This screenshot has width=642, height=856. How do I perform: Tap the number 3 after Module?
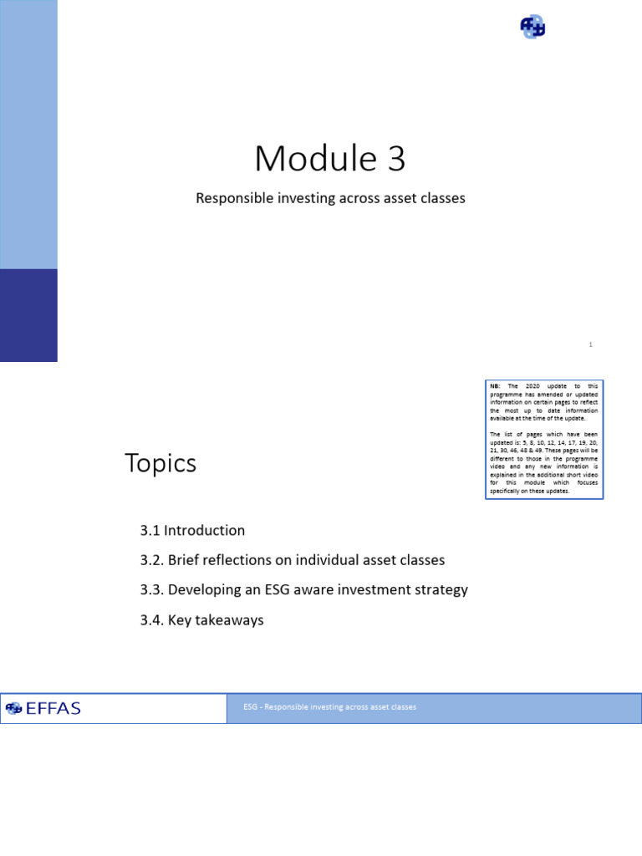[x=395, y=159]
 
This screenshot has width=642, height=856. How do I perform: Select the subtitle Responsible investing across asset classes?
[x=330, y=199]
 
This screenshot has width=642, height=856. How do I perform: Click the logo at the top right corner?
[x=532, y=28]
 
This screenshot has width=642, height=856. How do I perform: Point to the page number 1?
[x=590, y=344]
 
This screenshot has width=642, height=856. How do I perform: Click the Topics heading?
[x=160, y=463]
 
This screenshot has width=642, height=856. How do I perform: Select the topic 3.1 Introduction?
[x=192, y=531]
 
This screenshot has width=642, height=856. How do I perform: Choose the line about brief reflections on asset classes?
[x=293, y=560]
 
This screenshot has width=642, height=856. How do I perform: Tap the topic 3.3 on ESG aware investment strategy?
[x=304, y=590]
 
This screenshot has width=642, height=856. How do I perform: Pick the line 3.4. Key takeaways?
[x=201, y=620]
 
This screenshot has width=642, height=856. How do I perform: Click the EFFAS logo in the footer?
[x=43, y=708]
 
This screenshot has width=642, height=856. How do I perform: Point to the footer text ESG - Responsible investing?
[x=329, y=707]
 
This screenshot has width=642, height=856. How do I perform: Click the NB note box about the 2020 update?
[x=544, y=440]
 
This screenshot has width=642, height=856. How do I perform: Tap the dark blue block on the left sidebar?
[x=28, y=315]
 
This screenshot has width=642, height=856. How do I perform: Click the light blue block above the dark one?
[x=28, y=134]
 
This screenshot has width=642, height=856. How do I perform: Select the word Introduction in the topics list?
[x=204, y=531]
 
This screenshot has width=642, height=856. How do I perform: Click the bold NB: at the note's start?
[x=495, y=386]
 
